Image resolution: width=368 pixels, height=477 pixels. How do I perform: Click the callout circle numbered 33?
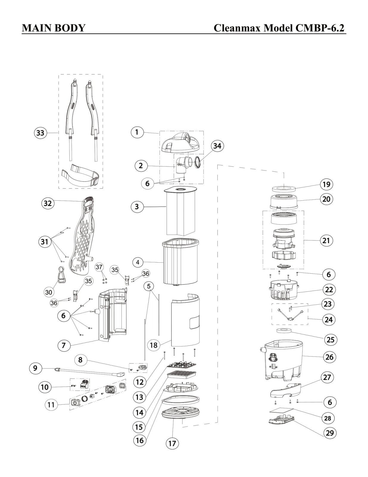40,133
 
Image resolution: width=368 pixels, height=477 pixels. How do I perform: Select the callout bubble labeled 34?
217,146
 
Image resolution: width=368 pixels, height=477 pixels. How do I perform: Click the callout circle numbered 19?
326,184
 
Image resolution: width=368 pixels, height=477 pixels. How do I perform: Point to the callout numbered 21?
326,241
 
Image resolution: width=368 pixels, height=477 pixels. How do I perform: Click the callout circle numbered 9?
35,368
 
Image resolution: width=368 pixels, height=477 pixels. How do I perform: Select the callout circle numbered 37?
99,267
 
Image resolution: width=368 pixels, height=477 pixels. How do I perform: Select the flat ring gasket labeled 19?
283,188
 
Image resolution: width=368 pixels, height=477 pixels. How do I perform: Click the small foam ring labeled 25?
283,330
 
